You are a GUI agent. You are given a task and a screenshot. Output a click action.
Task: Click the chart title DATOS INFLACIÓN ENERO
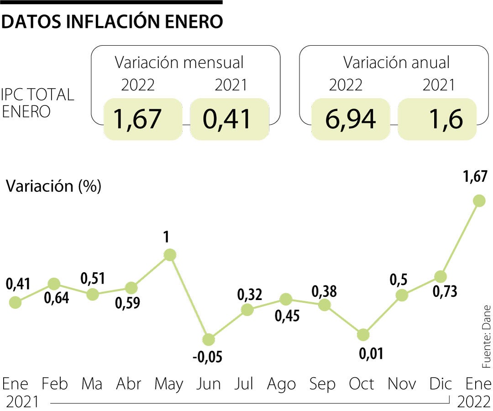[x=112, y=21]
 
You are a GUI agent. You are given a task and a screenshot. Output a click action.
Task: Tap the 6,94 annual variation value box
[x=350, y=119]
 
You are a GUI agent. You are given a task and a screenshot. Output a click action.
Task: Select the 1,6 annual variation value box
[x=437, y=119]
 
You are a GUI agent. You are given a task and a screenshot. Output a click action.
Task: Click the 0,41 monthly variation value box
[x=228, y=119]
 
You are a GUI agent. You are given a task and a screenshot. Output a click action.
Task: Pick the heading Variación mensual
[x=179, y=63]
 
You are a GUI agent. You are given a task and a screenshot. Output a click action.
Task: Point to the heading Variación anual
[x=396, y=63]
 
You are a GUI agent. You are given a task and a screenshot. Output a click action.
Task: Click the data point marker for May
[x=170, y=255]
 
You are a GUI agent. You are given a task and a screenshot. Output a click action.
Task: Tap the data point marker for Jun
[x=208, y=339]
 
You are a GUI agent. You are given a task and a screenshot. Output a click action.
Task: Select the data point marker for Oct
[x=363, y=335]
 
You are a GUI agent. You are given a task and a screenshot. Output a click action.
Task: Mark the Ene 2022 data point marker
[x=479, y=200]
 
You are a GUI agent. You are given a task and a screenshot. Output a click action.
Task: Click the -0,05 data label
[x=208, y=357]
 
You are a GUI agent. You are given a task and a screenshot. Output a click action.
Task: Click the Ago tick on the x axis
[x=282, y=384]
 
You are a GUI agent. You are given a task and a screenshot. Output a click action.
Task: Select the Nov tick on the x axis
[x=402, y=384]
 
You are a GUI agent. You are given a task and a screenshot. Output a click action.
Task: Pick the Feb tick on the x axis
[x=54, y=384]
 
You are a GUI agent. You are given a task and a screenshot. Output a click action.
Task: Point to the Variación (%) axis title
[x=53, y=186]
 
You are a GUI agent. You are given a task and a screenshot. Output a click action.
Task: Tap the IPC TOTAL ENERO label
[x=37, y=103]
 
